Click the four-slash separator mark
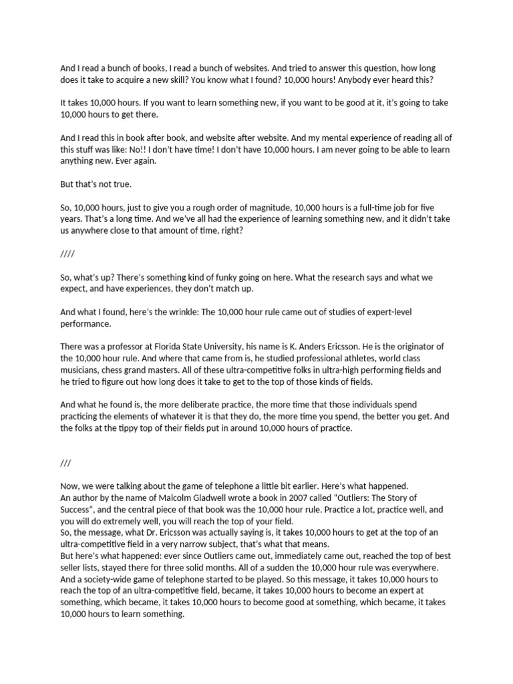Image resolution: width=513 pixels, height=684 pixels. click(67, 254)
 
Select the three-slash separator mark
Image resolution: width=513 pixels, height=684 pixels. click(65, 463)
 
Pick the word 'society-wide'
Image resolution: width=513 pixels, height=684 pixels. click(110, 578)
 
